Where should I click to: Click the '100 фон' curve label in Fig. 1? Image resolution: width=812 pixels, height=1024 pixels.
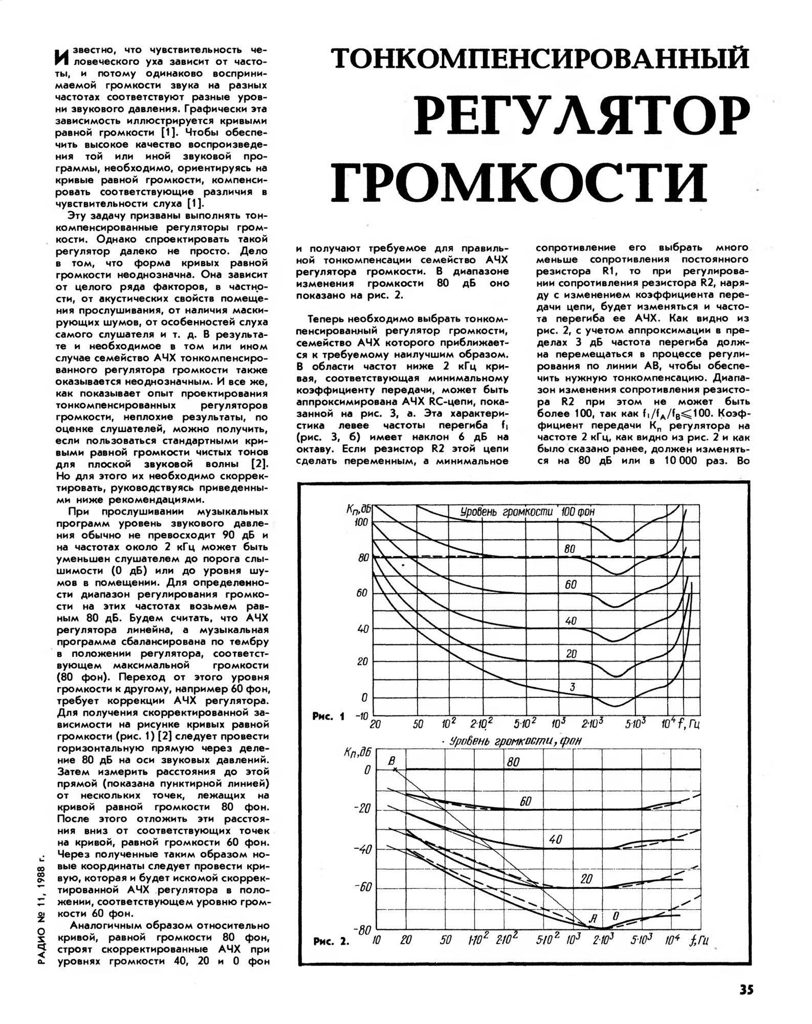(578, 511)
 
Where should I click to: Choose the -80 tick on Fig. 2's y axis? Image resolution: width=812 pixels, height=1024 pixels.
(363, 930)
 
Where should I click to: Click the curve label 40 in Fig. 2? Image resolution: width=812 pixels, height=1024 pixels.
(555, 840)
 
